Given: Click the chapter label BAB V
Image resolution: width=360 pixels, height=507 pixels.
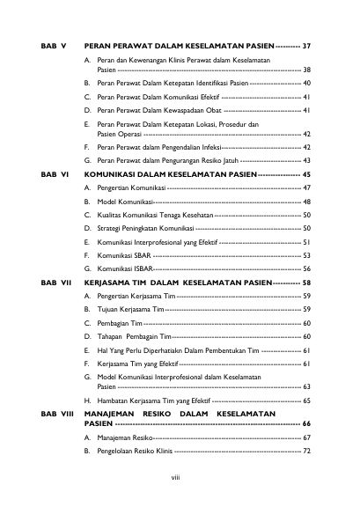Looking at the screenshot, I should (54, 44).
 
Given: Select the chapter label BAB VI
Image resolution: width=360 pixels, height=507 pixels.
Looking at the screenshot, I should (55, 175).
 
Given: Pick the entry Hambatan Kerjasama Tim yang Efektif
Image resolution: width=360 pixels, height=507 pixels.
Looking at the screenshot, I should (158, 399).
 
